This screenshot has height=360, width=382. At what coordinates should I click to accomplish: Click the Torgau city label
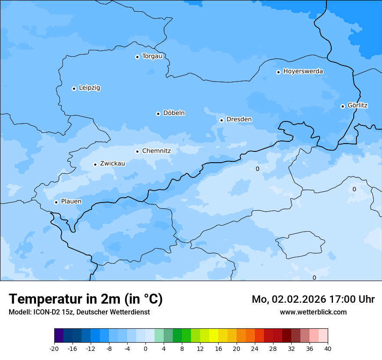pos(152,56)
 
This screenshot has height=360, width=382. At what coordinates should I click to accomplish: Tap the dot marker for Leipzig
pos(74,88)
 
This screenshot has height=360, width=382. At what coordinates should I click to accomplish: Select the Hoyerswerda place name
pos(303,72)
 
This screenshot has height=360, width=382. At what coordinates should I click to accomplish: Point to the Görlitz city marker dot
pos(342,106)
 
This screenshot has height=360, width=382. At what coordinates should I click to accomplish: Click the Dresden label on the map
pos(239,119)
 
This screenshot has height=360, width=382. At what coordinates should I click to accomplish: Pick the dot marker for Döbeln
pos(158,114)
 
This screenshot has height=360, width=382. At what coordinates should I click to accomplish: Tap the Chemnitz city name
pos(156,151)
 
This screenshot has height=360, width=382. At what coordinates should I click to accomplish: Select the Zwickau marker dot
pos(95,164)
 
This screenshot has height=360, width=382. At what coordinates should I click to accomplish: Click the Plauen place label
pos(71,202)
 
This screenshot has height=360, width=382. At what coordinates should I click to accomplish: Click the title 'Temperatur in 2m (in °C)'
pos(86,299)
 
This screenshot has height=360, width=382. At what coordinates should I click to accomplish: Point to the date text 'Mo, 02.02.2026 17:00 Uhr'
pos(313,299)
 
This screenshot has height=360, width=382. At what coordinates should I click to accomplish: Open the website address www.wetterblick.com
pos(313,312)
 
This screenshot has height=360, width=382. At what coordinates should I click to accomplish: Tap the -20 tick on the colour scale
pos(54,348)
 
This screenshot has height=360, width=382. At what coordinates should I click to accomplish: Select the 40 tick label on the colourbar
pos(328,348)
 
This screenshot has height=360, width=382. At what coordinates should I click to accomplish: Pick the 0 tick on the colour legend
pos(145,348)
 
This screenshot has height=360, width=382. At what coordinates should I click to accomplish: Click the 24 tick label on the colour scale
pos(255,348)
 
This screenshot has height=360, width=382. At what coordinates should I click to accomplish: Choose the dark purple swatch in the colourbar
pos(59,336)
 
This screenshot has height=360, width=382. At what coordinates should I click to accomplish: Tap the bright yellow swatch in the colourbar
pos(214,336)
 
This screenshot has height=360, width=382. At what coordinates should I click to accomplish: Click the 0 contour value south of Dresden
pos(257,169)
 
